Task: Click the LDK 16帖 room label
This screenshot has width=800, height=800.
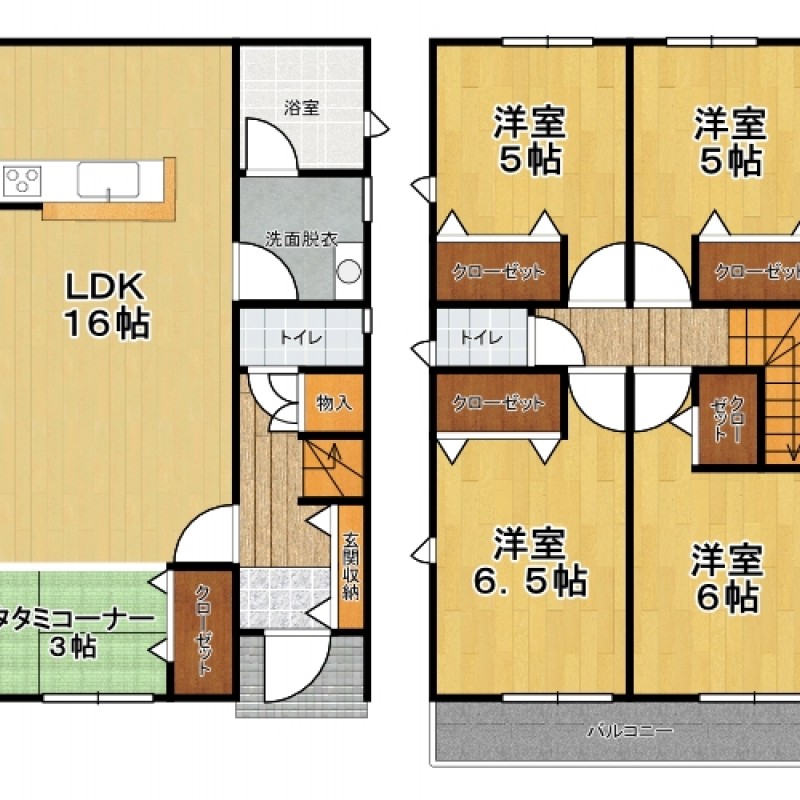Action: point(108,305)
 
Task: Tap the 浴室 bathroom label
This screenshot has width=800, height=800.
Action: point(302,108)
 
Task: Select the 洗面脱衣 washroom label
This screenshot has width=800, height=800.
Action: point(301,239)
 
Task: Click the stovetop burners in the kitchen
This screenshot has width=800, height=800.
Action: point(22,181)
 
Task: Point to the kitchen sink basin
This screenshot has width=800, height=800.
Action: point(108,180)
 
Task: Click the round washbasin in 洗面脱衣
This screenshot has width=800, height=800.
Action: point(349,271)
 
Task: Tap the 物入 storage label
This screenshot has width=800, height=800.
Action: point(334,403)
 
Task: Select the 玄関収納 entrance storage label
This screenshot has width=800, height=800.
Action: point(351,566)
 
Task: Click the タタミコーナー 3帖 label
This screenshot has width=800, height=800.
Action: point(76,634)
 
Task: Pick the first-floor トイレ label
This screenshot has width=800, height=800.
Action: point(302,337)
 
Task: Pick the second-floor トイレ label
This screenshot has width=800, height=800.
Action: point(482,337)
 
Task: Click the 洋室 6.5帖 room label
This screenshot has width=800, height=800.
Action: point(531,562)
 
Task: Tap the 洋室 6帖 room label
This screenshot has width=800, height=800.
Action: point(727,578)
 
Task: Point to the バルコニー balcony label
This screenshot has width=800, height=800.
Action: point(631,731)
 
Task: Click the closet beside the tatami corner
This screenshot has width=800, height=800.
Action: point(203,632)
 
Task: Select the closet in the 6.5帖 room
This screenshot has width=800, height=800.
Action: point(499,403)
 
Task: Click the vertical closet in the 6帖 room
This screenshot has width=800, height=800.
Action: point(728,419)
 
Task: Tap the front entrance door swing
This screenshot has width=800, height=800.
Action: point(296,667)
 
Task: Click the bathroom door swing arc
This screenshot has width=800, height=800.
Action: point(271,144)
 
